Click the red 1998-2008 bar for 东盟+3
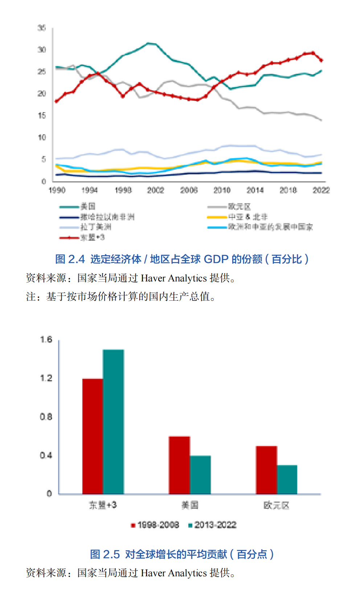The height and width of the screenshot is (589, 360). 93,436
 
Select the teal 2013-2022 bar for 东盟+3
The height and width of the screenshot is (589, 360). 113,421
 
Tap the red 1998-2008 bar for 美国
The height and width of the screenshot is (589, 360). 179,465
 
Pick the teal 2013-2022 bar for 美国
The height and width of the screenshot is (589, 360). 200,475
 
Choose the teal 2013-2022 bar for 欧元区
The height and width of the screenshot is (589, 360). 287,479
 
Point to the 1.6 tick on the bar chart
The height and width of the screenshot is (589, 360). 46,340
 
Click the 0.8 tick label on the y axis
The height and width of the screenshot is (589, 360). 46,417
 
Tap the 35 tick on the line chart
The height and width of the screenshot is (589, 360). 42,28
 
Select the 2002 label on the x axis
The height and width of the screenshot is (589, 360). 156,190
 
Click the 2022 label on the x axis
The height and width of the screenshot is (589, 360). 321,190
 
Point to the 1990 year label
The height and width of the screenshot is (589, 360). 57,190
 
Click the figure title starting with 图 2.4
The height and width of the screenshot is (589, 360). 182,259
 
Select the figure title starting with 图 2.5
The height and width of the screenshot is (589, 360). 182,554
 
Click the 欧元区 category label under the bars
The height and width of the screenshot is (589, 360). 276,505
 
